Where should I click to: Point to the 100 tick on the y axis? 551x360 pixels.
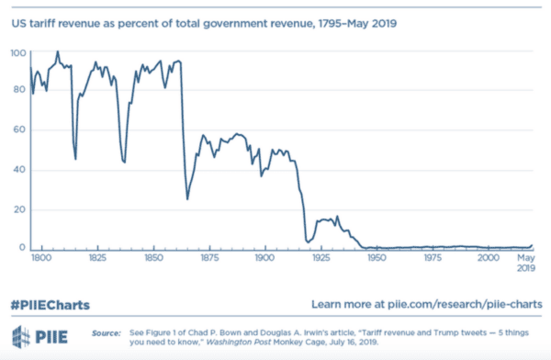17,53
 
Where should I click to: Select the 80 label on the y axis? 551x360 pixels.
17,93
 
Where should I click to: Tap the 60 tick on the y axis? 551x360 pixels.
17,131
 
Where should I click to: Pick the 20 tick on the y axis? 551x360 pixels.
17,209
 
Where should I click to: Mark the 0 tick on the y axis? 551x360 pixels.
20,248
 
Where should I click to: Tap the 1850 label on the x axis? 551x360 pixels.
154,260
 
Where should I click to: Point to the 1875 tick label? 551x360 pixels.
209,260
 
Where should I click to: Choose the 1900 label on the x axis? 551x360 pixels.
264,260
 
